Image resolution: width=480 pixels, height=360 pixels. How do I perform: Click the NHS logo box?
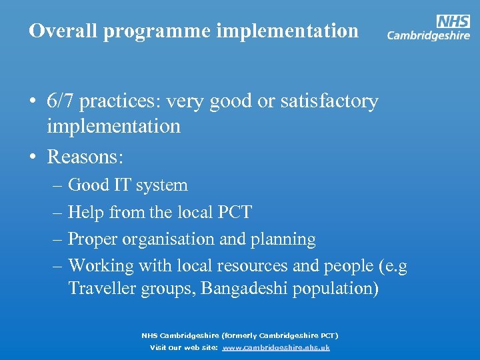click(x=453, y=21)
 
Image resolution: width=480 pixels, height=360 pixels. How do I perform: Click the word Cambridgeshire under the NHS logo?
click(x=429, y=36)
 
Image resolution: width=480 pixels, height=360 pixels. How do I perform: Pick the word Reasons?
click(x=85, y=157)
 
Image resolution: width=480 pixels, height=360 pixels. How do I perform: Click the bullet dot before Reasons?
click(x=32, y=157)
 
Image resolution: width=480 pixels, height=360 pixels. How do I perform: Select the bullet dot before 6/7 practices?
click(x=32, y=102)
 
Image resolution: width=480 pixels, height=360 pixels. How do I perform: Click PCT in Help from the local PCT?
click(x=235, y=212)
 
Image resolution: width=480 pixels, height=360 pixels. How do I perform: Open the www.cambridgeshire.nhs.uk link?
click(x=276, y=348)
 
